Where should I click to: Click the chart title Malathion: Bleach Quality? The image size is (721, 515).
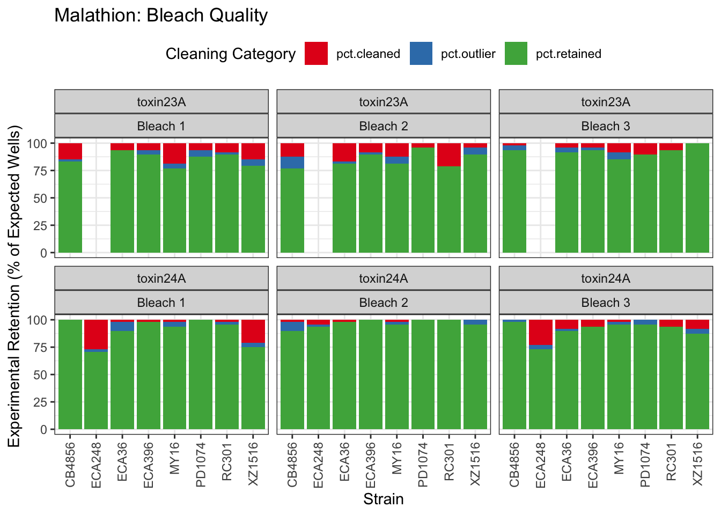(161, 16)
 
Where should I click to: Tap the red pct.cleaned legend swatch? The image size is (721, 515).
(316, 54)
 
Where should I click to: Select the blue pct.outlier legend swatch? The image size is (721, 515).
(421, 54)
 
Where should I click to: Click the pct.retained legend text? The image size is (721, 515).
(568, 54)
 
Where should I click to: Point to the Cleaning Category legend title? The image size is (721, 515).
(231, 54)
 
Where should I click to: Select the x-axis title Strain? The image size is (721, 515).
(383, 499)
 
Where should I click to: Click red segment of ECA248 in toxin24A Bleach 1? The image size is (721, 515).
(96, 334)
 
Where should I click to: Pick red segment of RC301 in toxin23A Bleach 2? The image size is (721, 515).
(449, 154)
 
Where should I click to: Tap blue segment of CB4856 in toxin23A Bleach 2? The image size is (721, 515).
(292, 163)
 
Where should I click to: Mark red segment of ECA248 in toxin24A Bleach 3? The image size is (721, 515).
(541, 333)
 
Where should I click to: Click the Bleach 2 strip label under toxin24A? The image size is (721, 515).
(383, 303)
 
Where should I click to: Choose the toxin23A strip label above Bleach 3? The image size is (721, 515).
(606, 102)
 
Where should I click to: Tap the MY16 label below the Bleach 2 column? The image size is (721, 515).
(397, 458)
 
